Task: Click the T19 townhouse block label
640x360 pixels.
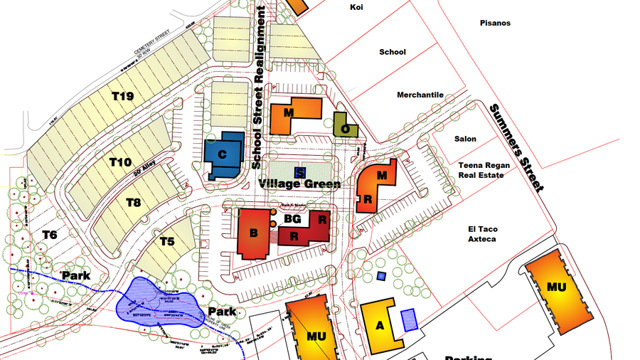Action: click(122, 96)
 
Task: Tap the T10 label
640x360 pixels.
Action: click(120, 162)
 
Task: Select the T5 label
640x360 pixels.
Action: click(166, 242)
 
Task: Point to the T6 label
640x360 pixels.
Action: click(49, 235)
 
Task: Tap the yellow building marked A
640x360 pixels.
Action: click(379, 324)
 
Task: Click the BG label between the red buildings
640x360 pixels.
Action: click(292, 219)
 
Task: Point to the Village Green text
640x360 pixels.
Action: click(299, 184)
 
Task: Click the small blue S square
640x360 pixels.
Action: click(299, 171)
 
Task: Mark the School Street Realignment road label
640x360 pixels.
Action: click(260, 87)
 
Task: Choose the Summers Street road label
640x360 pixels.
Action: click(516, 147)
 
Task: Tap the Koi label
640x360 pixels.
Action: click(357, 7)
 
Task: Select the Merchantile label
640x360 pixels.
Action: click(420, 95)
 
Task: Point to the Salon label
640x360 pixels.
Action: click(466, 139)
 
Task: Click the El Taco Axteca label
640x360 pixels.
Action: click(481, 234)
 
